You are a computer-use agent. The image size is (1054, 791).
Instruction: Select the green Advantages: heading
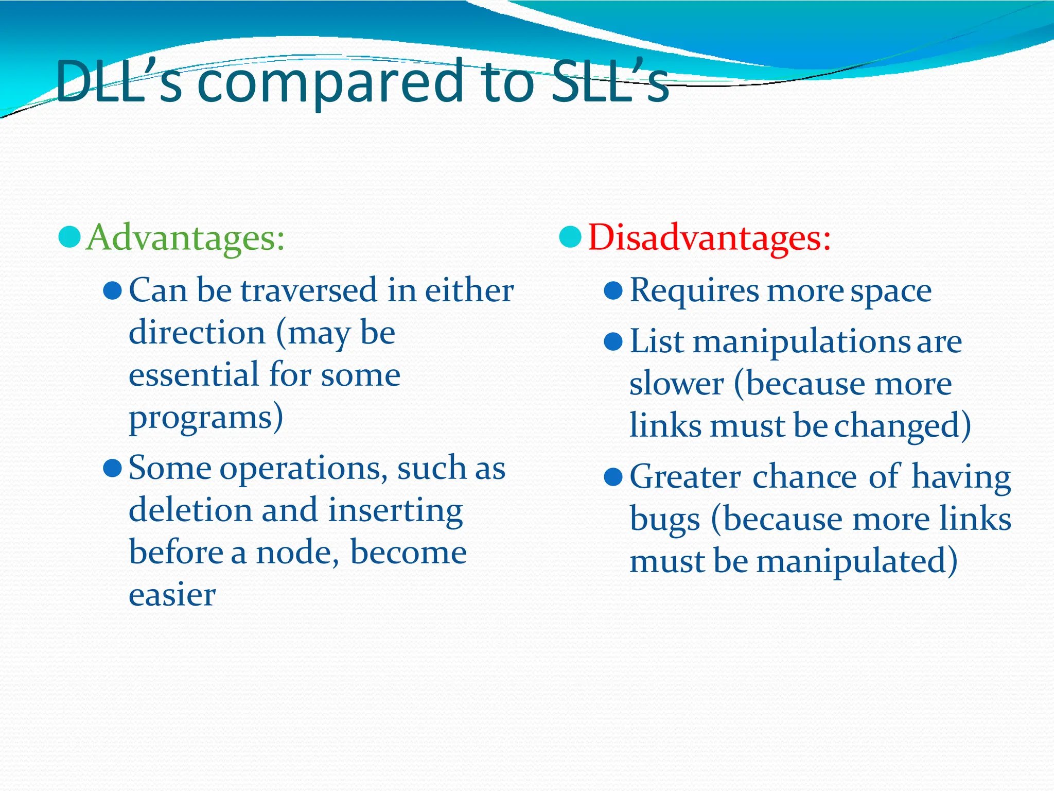185,238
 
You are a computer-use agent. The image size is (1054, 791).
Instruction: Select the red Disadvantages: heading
709,238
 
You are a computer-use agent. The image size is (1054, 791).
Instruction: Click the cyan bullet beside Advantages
69,237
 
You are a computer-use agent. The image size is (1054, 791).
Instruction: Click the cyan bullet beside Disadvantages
570,237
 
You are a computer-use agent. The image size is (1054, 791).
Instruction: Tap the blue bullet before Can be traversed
112,291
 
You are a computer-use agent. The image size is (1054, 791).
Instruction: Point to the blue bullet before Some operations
112,469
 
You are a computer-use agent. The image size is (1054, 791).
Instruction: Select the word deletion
190,510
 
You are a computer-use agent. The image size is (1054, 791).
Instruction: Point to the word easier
172,595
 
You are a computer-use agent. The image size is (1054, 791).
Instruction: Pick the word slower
676,384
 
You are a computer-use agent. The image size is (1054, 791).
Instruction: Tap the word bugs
664,519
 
